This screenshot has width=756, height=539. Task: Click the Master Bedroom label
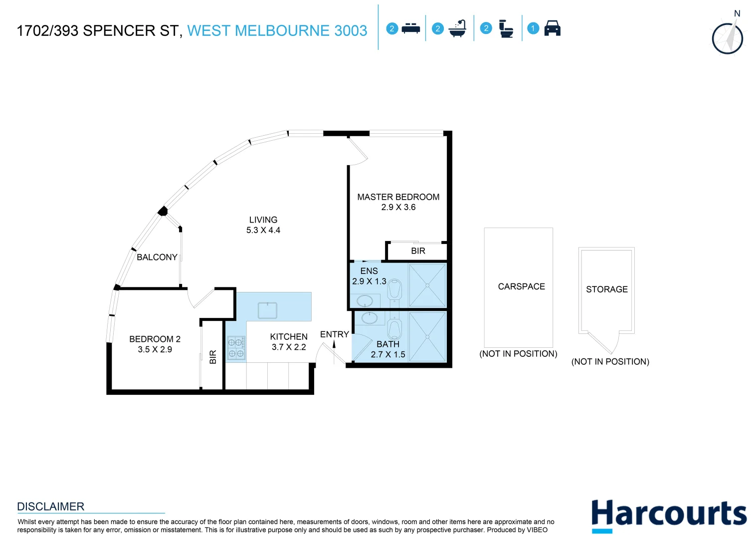(398, 197)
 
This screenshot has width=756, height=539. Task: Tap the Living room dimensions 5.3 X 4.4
(263, 230)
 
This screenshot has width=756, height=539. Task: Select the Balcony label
(157, 257)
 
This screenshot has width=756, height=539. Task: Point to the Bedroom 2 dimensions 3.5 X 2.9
(155, 349)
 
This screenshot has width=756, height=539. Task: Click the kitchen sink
(267, 310)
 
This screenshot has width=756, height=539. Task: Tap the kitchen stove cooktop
(236, 348)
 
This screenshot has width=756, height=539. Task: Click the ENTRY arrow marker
(334, 344)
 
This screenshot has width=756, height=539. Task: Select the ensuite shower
(427, 285)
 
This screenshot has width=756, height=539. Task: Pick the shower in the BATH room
(427, 336)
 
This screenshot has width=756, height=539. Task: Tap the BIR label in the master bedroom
(418, 251)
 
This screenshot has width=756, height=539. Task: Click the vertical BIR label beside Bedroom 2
(213, 357)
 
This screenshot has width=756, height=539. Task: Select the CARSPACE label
(521, 286)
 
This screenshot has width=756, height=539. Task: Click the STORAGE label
(606, 289)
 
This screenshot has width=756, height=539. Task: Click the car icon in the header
(552, 28)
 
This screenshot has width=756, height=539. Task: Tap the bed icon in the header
(411, 28)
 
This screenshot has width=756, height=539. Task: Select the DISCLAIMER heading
(50, 507)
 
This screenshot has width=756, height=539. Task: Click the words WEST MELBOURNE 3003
(277, 31)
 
